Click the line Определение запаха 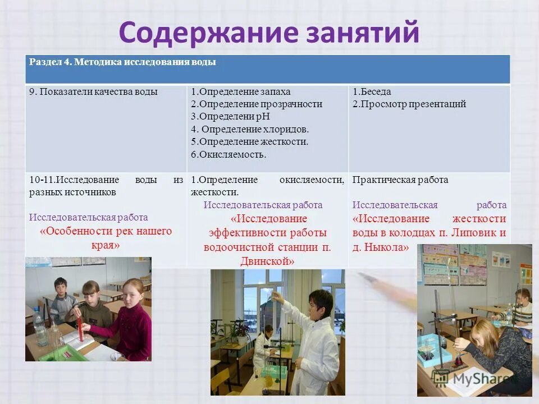(x=241, y=91)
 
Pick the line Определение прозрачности (x=257, y=104)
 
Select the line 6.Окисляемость (x=229, y=154)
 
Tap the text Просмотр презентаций (x=409, y=104)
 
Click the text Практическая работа (x=400, y=180)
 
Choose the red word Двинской (x=267, y=261)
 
